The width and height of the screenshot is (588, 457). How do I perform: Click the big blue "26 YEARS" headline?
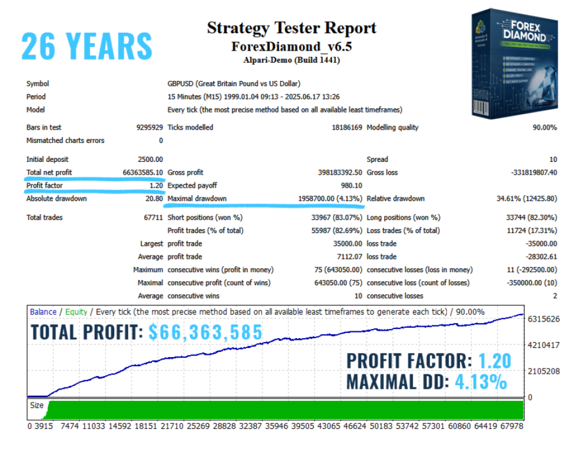tap(87, 46)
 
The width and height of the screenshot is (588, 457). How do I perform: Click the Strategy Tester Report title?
tap(292, 28)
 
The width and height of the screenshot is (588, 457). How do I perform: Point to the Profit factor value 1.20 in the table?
tap(156, 185)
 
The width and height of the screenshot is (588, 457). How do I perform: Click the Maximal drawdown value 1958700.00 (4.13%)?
tap(330, 199)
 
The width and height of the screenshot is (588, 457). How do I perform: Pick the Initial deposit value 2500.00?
tap(150, 159)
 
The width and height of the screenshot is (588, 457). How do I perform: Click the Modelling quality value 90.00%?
tap(544, 127)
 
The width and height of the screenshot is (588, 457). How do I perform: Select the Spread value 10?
tap(553, 159)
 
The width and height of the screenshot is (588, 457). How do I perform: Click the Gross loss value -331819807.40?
tap(526, 172)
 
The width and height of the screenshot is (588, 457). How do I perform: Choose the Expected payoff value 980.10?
tap(350, 185)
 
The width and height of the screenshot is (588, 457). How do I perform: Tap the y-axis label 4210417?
tap(544, 345)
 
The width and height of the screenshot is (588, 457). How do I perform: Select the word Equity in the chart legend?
tap(76, 312)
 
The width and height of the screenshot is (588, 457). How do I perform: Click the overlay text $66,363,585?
tap(205, 332)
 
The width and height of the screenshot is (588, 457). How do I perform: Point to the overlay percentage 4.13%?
tap(480, 381)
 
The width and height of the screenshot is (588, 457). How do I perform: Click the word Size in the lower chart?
tap(37, 405)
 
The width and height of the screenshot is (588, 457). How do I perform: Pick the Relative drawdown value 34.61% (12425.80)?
tap(519, 199)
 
